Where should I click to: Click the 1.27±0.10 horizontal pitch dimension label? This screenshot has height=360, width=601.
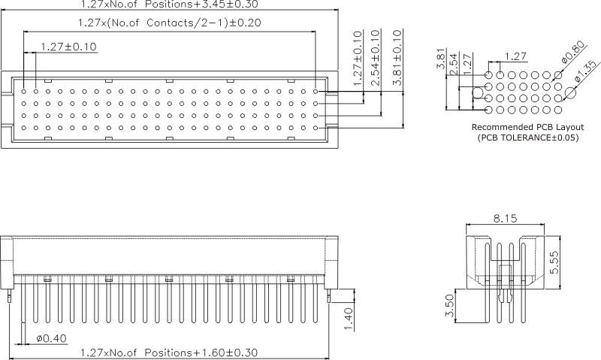[68, 47]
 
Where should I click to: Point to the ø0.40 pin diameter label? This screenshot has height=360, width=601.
[51, 338]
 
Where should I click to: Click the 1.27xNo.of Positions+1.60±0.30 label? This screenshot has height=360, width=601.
[169, 352]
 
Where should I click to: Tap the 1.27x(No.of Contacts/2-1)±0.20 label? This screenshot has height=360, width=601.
[170, 23]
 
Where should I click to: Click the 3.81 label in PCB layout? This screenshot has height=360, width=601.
[441, 59]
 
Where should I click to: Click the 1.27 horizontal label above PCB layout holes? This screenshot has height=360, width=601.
[515, 56]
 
